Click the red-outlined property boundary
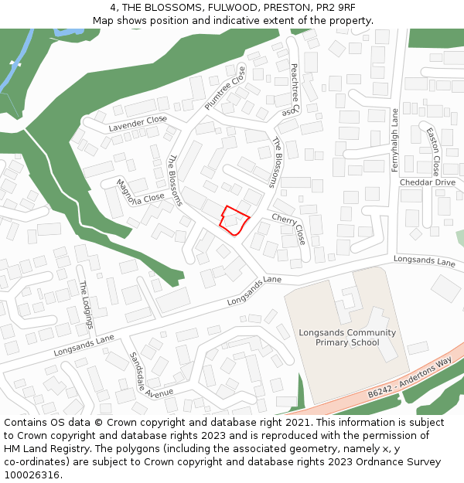(x=234, y=219)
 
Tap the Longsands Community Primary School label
(x=347, y=338)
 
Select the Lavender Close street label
(x=138, y=123)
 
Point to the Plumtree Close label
(x=224, y=88)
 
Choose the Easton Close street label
(x=432, y=151)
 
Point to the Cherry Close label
(x=288, y=230)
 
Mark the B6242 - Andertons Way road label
(x=409, y=379)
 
